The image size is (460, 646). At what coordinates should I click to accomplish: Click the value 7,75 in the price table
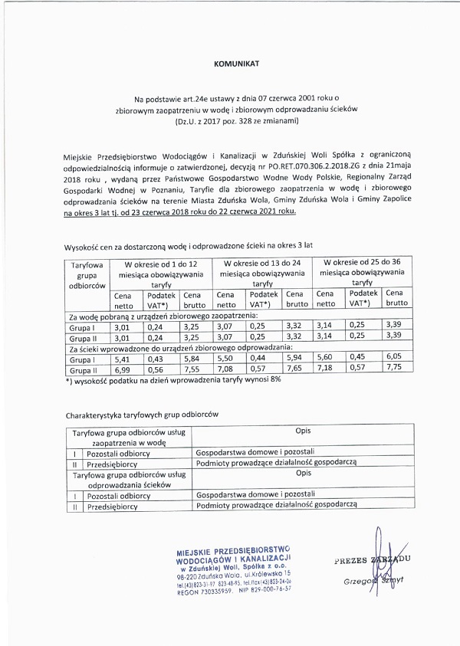click(395, 369)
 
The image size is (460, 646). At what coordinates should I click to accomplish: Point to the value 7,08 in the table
click(225, 369)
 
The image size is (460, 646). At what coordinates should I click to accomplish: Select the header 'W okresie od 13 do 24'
click(261, 263)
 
